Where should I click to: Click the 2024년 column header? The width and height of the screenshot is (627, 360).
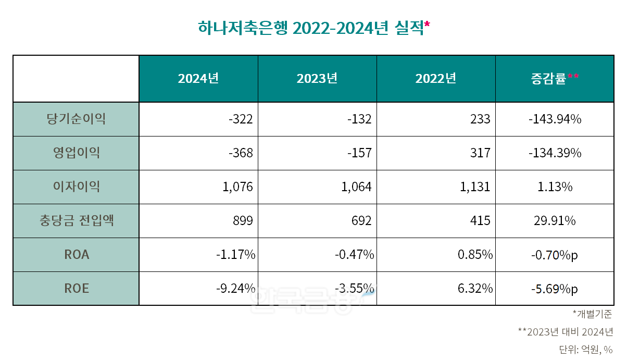(198, 79)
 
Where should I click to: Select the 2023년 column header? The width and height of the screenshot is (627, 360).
(317, 79)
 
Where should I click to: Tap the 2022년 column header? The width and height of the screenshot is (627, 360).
(435, 79)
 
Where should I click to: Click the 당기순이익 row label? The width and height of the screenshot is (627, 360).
(76, 119)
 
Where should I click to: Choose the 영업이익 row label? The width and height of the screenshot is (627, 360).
(76, 153)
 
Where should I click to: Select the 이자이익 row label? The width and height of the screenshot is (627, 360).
(76, 187)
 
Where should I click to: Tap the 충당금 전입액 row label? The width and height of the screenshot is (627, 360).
(76, 221)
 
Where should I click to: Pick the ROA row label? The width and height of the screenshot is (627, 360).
(76, 255)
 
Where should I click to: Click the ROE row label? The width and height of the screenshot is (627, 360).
(76, 288)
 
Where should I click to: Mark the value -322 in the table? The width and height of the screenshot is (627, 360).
(241, 119)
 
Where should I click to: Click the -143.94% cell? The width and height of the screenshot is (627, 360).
(555, 119)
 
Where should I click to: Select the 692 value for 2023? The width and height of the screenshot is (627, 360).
(361, 221)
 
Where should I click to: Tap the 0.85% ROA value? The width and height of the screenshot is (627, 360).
(475, 255)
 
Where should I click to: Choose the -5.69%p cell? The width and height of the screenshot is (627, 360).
(555, 289)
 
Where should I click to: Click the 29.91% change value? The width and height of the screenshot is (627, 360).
(555, 221)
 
